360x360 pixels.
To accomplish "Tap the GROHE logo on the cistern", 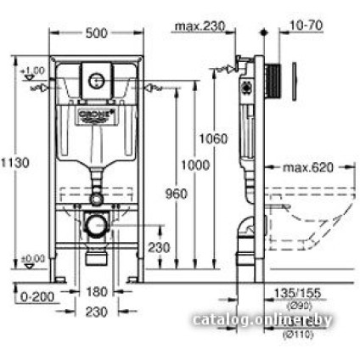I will (95, 113).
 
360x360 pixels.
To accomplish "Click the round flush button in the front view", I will (96, 81).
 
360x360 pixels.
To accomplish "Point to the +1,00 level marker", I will (35, 69).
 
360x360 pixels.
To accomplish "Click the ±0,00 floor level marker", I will (35, 257).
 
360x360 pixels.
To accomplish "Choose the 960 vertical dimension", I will (176, 194).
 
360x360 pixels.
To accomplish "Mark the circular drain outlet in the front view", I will (95, 228).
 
